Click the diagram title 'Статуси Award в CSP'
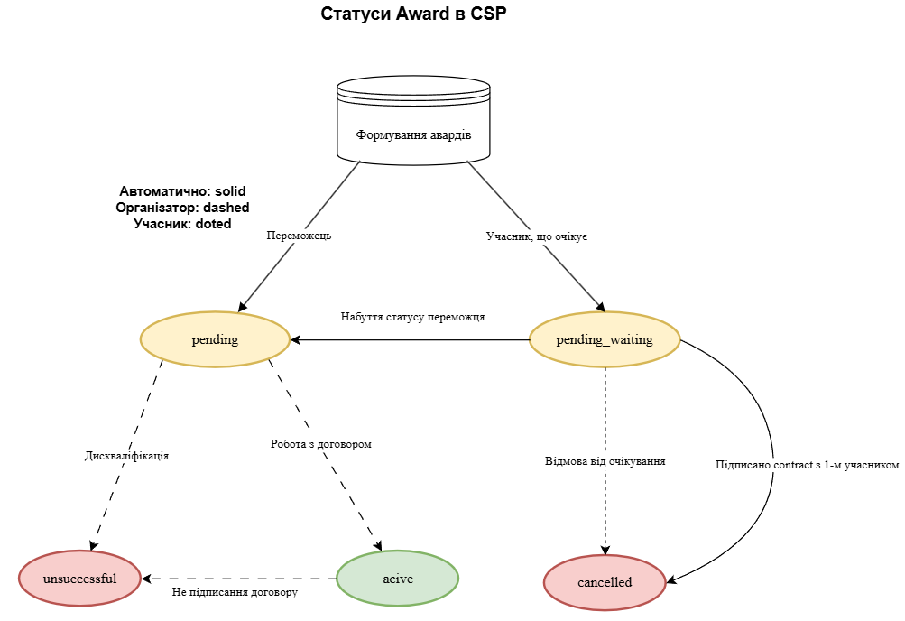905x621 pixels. point(408,14)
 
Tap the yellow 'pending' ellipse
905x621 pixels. point(215,340)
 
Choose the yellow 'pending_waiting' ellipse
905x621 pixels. point(604,340)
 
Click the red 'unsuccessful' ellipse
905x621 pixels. point(79,579)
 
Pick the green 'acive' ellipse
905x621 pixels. point(397,579)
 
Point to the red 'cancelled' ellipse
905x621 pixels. point(605,582)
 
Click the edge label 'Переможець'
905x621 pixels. point(300,236)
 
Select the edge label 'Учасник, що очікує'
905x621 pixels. point(537,236)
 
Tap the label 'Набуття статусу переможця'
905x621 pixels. point(413,318)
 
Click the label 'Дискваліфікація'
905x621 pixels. point(126,456)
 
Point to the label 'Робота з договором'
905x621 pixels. point(321,445)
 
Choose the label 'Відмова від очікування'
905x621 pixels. point(605,461)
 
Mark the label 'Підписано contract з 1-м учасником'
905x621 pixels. point(807,465)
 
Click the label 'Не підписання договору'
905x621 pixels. point(235,593)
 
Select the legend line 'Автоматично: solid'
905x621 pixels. point(182,191)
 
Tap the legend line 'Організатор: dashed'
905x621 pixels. point(182,208)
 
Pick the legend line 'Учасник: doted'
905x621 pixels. point(182,224)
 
